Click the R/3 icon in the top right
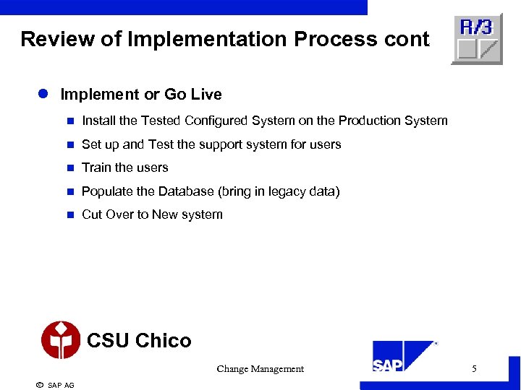[476, 39]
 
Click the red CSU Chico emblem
[61, 340]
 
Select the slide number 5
[474, 369]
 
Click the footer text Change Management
[260, 369]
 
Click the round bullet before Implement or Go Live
[43, 95]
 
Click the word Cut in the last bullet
[92, 214]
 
